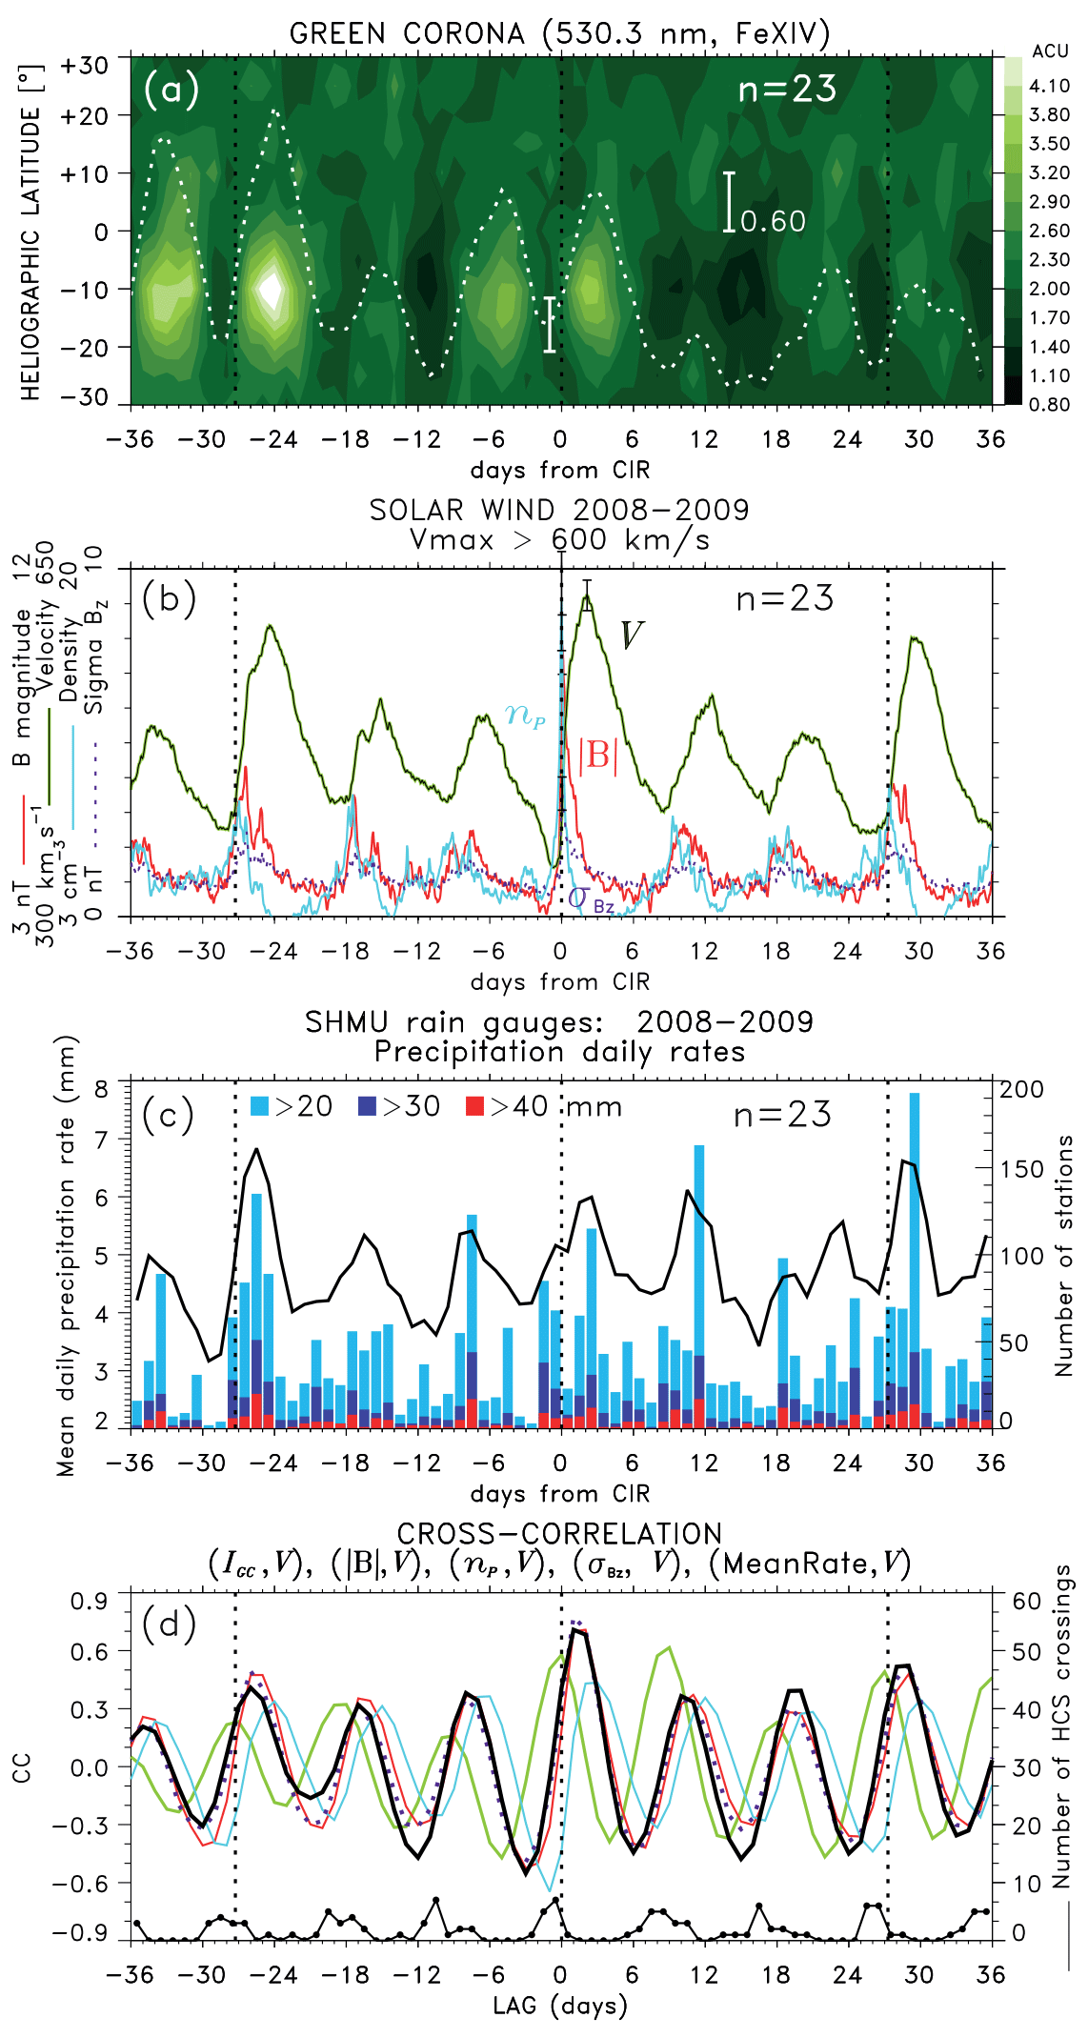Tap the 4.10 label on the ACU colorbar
click(1049, 86)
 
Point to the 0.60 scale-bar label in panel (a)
click(773, 222)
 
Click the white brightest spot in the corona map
click(272, 289)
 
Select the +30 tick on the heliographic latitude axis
click(84, 66)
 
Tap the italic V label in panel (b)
click(632, 636)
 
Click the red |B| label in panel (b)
click(598, 755)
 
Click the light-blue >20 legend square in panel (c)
click(259, 1106)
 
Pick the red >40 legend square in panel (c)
click(474, 1106)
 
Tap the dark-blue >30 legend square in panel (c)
click(367, 1106)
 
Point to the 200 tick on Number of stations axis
click(1021, 1089)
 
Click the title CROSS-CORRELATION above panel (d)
click(559, 1533)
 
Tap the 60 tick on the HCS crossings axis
click(1026, 1601)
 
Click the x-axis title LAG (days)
click(559, 2006)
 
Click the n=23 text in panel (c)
click(782, 1114)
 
